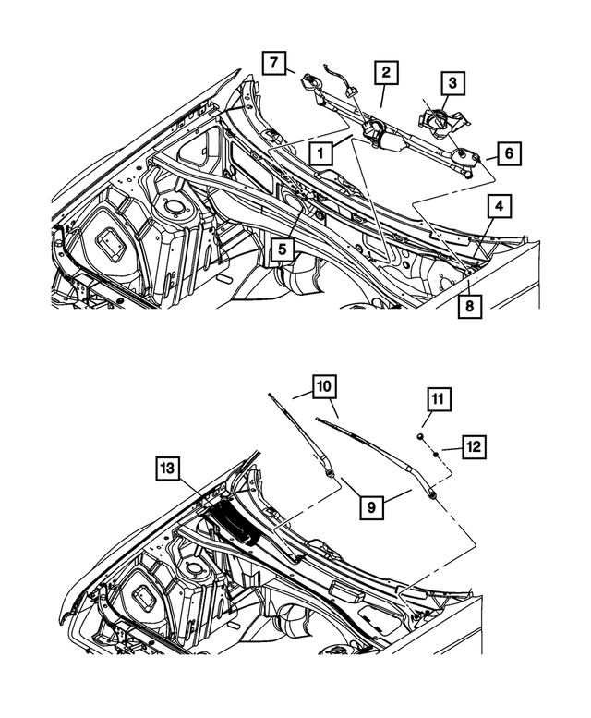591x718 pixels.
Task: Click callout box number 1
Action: pos(320,152)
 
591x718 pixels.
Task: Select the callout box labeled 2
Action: pos(386,72)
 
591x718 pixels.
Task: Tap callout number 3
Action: pos(452,84)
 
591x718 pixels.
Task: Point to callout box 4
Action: pos(498,206)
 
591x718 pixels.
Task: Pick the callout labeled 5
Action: pos(283,249)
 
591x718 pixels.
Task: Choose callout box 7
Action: pos(272,64)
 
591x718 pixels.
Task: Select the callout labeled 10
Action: pos(324,385)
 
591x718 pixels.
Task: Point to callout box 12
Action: pos(473,447)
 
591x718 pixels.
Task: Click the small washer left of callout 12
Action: pos(433,448)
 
